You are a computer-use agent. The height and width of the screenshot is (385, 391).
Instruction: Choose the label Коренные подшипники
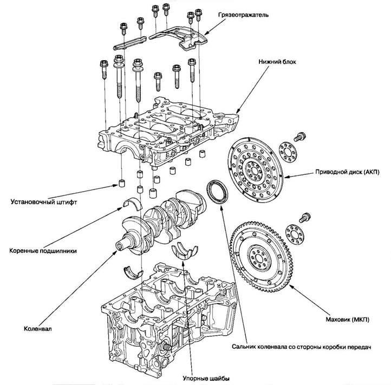click(x=46, y=251)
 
